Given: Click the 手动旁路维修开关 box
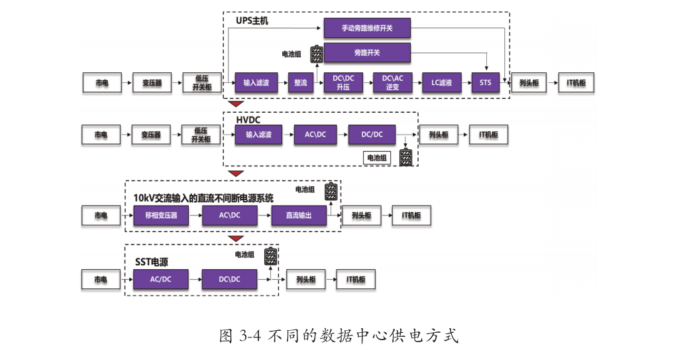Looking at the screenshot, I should point(367,28).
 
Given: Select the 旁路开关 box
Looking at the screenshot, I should point(367,52).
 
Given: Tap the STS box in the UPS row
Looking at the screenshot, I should point(485,82).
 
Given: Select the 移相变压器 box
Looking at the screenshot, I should point(161,215).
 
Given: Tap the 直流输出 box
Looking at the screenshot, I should point(299,215).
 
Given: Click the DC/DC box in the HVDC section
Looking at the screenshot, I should point(372,135).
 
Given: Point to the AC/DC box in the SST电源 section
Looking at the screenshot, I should point(160,280).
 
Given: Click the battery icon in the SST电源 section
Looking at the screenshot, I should point(270,256).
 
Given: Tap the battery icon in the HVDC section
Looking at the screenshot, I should point(405,157).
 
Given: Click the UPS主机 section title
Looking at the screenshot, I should point(252,21).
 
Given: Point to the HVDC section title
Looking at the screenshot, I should point(249,120).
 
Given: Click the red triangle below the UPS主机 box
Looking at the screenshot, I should point(235,103).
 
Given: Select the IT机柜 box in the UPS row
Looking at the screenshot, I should point(576,82).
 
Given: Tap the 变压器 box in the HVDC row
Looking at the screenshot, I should point(151,135).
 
